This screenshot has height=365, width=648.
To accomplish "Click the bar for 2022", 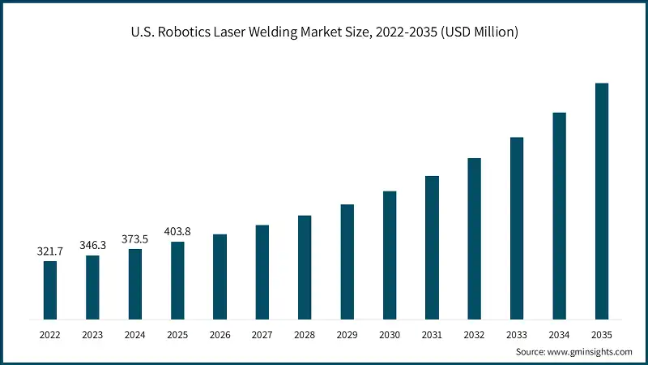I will click(x=50, y=290).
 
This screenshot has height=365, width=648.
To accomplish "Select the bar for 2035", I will click(x=602, y=200).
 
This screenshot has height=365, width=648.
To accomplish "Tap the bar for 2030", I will click(x=390, y=255).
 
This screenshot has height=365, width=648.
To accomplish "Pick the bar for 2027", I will click(x=262, y=272).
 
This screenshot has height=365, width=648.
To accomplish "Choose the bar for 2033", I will click(x=517, y=228).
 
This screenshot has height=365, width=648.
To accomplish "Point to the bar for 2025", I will click(x=177, y=280).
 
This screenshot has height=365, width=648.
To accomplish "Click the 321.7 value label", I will click(x=50, y=251).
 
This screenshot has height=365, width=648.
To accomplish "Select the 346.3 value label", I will click(x=92, y=245).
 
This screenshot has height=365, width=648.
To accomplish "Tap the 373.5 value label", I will click(x=135, y=238).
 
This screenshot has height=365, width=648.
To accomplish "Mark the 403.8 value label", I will click(x=177, y=231).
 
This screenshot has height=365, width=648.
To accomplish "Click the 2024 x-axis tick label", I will click(x=135, y=333).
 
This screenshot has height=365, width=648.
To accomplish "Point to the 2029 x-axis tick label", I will click(x=347, y=333).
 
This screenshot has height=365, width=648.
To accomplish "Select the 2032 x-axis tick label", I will click(x=475, y=333).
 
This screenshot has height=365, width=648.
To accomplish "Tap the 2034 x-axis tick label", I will click(x=560, y=333).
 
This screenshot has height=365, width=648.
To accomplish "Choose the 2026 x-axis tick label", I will click(x=220, y=333).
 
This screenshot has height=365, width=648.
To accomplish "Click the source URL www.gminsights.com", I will click(x=589, y=352).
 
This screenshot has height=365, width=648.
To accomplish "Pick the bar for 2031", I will click(x=432, y=247).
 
